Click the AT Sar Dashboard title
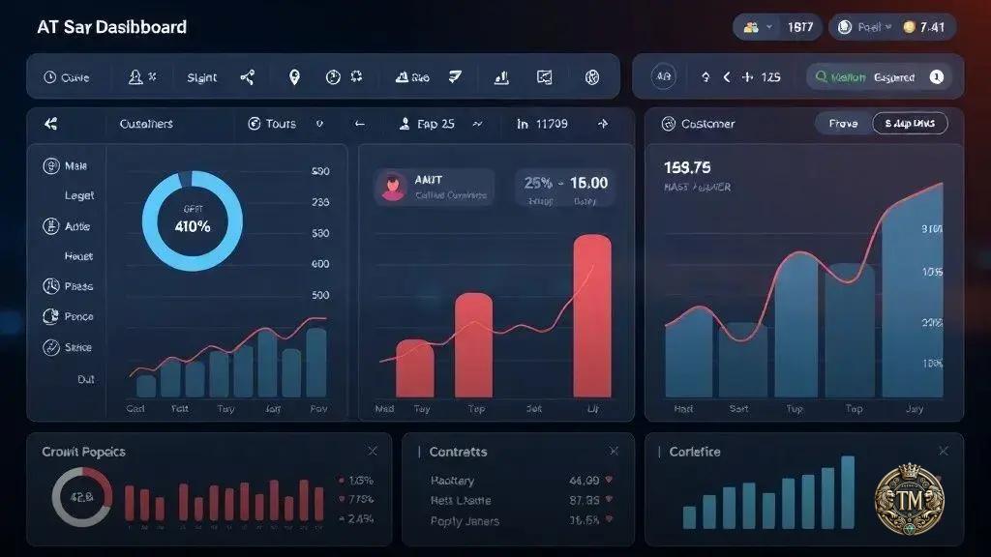[111, 27]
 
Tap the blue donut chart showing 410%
[193, 220]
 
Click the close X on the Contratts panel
[614, 452]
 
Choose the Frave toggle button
[843, 124]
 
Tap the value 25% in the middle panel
[538, 182]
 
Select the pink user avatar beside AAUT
[393, 187]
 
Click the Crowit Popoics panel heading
[84, 452]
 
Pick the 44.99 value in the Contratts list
[584, 480]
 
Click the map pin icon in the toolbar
[294, 77]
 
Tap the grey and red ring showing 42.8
[81, 498]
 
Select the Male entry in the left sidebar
[75, 166]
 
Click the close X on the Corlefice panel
[944, 452]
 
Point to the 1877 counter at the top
[799, 27]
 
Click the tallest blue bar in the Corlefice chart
[848, 492]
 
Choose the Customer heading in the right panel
[707, 124]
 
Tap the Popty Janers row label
[465, 521]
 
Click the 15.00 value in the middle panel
[589, 182]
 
